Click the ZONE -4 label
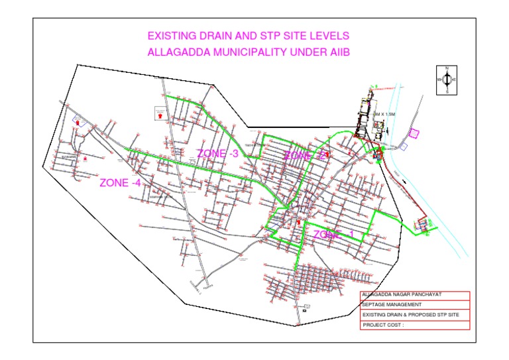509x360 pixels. coord(119,183)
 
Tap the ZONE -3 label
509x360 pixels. coord(218,154)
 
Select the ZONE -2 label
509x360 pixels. coord(304,156)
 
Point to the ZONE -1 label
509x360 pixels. coord(337,235)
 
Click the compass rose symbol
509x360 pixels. coord(447,80)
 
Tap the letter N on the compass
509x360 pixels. coord(447,69)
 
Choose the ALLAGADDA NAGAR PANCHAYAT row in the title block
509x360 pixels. coord(414,294)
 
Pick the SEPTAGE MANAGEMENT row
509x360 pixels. coord(414,304)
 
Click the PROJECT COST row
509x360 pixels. coord(414,325)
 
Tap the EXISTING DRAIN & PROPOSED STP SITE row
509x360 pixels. coord(414,314)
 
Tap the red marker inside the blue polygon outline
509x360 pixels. coord(78,123)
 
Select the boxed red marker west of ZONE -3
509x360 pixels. coord(160,113)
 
